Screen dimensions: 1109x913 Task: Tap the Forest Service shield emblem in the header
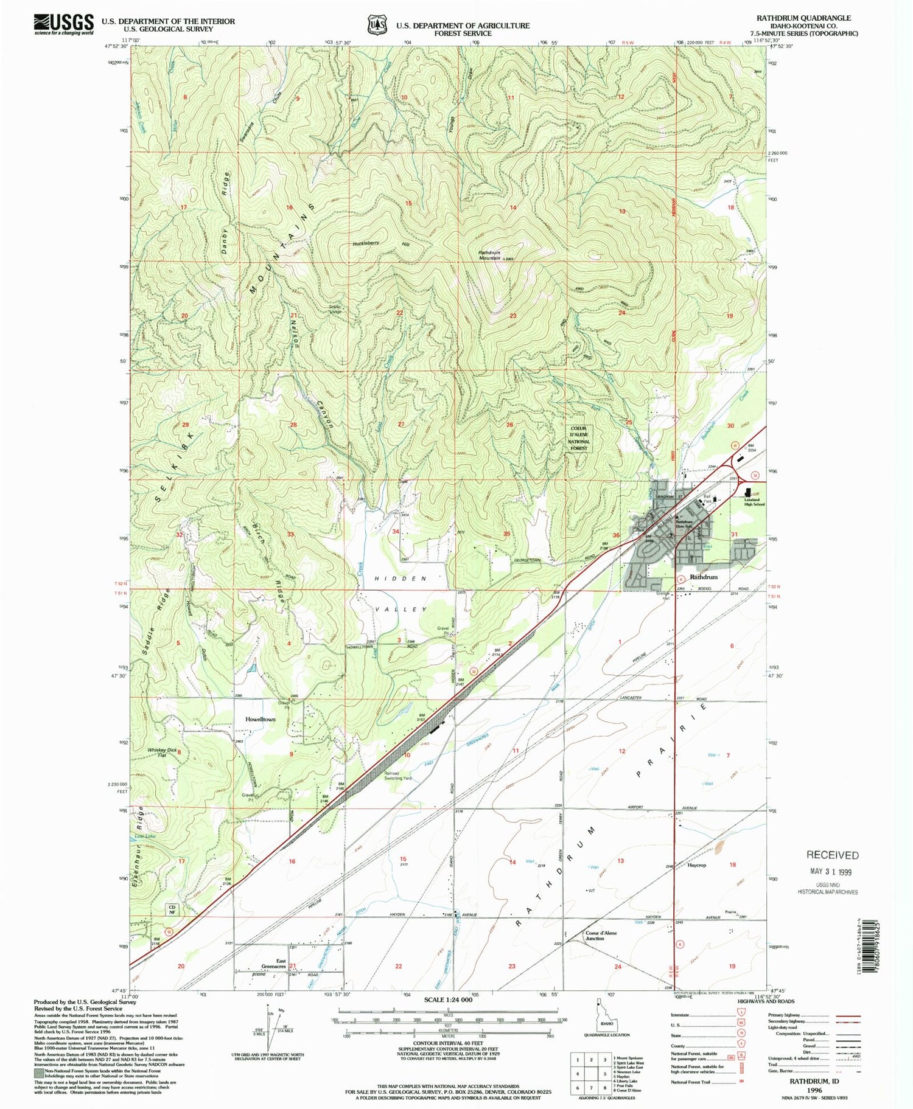[377, 25]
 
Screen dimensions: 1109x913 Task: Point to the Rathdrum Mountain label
[489, 255]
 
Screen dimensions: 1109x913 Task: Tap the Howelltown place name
[260, 719]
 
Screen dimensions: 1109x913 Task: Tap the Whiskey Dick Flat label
[162, 753]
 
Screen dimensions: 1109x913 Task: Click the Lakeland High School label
[754, 502]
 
